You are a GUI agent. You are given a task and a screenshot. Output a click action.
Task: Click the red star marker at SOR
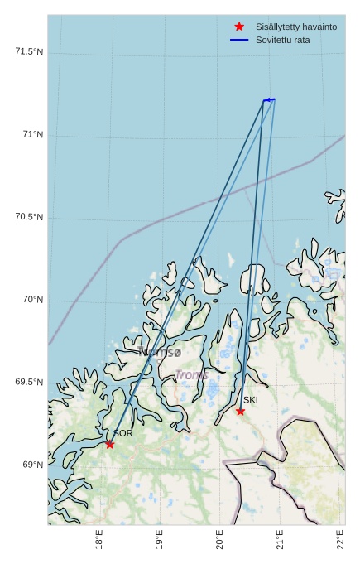point(109,444)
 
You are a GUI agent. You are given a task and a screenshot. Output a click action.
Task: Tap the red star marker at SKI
point(240,411)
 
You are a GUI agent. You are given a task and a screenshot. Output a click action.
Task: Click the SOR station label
point(123,433)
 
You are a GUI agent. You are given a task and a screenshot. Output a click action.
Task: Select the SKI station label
point(250,400)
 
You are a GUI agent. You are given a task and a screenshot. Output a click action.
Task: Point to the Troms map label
point(191,375)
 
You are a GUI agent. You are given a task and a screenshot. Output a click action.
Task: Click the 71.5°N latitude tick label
point(29,52)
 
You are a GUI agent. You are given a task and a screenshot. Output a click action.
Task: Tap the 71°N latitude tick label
point(33,135)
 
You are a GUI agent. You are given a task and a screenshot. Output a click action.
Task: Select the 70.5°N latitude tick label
point(29,217)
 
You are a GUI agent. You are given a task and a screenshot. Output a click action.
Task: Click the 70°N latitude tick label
point(33,300)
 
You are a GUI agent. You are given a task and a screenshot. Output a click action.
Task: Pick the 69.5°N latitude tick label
point(29,382)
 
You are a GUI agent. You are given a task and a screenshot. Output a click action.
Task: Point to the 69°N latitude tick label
point(33,465)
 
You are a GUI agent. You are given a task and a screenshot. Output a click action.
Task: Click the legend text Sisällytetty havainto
point(295,27)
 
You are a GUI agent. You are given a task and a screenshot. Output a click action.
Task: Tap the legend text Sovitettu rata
point(282,40)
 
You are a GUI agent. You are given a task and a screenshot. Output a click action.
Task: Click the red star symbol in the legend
point(239,27)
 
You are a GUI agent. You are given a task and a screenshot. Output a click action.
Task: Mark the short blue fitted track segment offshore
point(269,99)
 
